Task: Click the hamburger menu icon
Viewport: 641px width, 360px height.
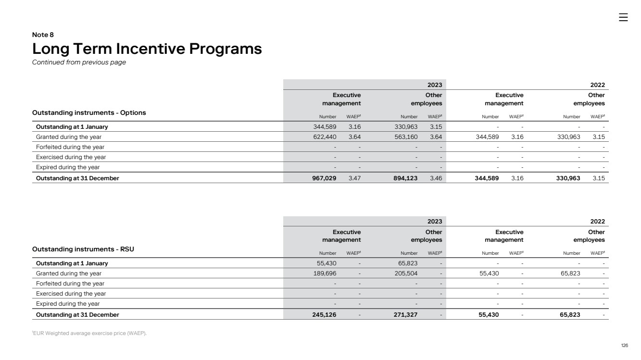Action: coord(623,17)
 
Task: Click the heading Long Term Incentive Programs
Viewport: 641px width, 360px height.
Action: coord(147,49)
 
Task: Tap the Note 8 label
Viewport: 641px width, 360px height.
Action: coord(43,35)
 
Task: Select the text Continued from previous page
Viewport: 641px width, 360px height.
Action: coord(79,62)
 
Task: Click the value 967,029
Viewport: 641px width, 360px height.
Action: coord(324,178)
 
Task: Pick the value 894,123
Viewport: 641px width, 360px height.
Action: coord(405,178)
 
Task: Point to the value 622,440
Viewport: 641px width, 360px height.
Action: coord(324,137)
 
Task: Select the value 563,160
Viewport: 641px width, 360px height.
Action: coord(405,137)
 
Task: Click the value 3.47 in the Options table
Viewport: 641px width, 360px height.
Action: coord(354,178)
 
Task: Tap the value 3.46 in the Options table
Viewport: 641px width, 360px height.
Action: coord(436,178)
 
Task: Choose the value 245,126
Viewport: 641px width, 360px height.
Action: coord(324,315)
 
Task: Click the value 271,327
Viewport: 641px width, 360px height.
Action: coord(405,315)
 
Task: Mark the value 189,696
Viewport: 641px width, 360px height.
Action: coord(324,273)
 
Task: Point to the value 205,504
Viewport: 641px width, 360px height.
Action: coord(405,273)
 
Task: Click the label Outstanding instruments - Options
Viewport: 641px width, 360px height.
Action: coord(89,112)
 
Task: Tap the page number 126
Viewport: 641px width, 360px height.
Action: coord(624,346)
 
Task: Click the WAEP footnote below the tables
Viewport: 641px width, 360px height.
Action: coord(89,334)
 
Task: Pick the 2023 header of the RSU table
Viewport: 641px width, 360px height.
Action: coord(435,222)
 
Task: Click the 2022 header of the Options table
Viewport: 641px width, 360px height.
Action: coord(597,85)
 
